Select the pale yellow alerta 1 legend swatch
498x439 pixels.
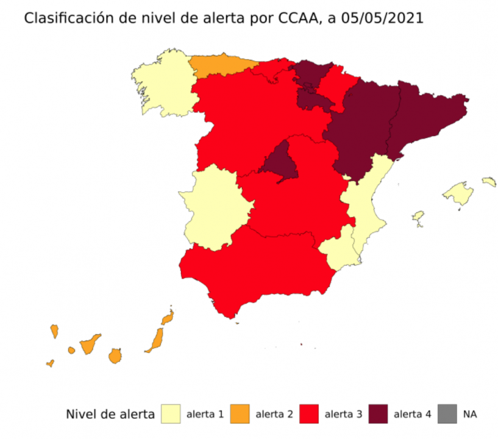tap(172, 414)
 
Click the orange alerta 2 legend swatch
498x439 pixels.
tap(241, 414)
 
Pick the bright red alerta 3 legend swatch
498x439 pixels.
tap(311, 414)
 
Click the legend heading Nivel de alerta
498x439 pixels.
tap(110, 415)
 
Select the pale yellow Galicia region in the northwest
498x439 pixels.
tap(162, 88)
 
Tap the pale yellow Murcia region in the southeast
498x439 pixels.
tap(338, 250)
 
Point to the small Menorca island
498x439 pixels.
tap(489, 182)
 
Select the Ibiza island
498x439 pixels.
tap(418, 218)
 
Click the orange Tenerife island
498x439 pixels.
tap(90, 344)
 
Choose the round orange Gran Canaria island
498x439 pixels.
tap(115, 355)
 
